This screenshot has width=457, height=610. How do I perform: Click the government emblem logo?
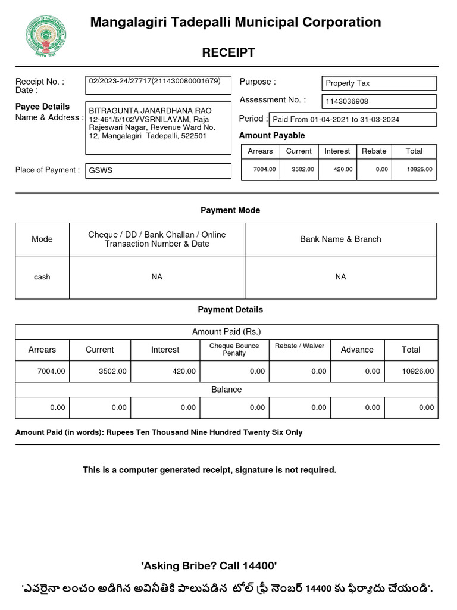(45, 35)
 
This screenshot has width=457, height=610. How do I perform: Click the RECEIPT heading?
(228, 52)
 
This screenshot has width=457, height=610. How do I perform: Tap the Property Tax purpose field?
(378, 83)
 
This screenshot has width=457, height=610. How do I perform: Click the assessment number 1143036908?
(378, 102)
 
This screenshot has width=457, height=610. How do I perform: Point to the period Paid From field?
(352, 120)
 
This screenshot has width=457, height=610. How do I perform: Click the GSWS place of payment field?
(158, 170)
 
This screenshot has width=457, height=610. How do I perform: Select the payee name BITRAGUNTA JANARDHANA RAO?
(142, 111)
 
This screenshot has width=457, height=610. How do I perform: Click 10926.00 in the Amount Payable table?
(420, 170)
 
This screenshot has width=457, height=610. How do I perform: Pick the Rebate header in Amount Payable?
(374, 151)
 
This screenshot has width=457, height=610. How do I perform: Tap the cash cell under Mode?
(42, 277)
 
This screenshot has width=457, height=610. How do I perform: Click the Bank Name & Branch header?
(340, 239)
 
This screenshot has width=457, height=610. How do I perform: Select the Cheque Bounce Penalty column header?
(234, 350)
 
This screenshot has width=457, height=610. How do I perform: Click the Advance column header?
(357, 350)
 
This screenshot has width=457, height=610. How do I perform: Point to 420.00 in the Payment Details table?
(184, 371)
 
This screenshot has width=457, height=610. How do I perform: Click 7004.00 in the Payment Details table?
(51, 371)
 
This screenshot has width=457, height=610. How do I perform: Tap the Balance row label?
(227, 390)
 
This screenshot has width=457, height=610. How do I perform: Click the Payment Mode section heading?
(230, 210)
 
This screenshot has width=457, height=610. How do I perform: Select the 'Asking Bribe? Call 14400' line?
(209, 565)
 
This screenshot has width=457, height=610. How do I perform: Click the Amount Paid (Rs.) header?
(227, 332)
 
